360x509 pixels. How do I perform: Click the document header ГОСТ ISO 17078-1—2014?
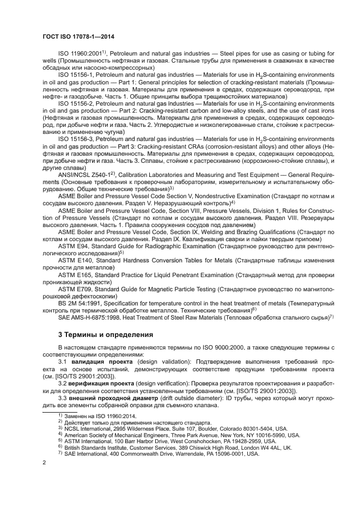(81, 37)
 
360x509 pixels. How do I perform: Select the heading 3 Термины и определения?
(106, 333)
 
